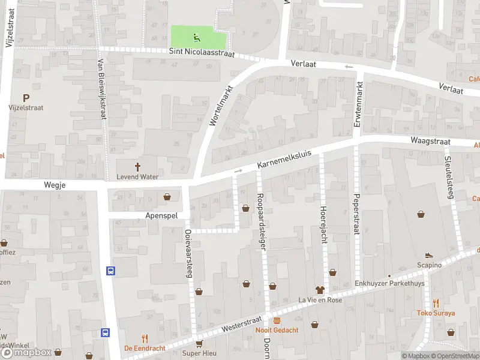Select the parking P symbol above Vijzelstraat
point(26,98)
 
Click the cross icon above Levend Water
point(137,167)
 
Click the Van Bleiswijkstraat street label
point(102,90)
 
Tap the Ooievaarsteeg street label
point(188,253)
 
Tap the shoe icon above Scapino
point(429,256)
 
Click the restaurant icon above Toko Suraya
point(436,303)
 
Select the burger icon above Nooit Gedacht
point(277,321)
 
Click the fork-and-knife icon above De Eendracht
point(144,338)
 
